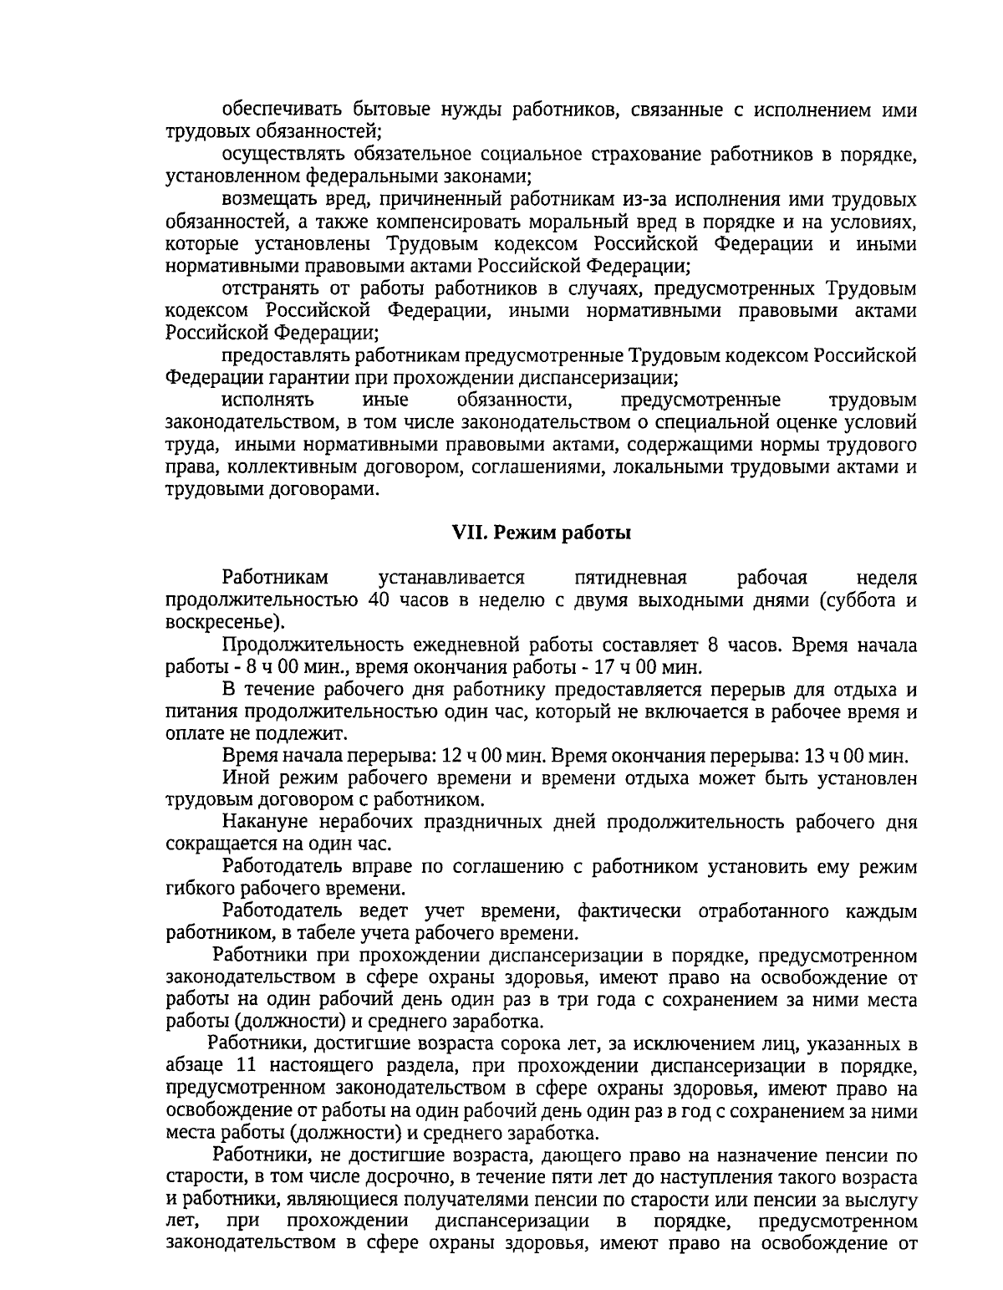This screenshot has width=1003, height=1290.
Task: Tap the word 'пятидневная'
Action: point(631,578)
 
